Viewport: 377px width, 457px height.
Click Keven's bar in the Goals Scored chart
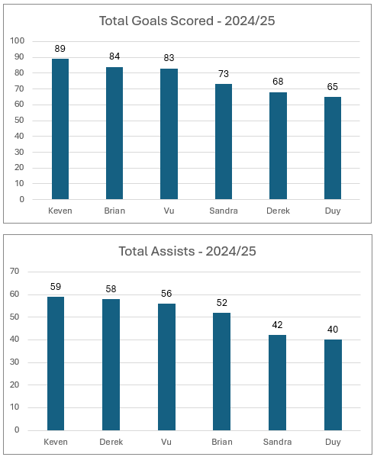(60, 129)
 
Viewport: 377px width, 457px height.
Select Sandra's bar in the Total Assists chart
(277, 382)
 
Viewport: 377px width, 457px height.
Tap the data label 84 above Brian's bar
(114, 56)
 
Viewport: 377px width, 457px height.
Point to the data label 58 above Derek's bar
(111, 289)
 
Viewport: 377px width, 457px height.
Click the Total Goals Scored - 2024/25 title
(187, 21)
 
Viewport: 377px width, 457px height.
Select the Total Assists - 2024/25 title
(187, 251)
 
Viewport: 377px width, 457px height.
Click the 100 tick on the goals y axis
(18, 40)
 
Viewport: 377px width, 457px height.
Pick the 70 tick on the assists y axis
(14, 272)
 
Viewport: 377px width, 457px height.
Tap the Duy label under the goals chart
(333, 211)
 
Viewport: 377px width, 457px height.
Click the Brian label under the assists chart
(222, 442)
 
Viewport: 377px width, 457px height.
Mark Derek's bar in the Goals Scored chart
(278, 146)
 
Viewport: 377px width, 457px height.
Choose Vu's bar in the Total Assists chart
(166, 367)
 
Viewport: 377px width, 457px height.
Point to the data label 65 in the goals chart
(333, 86)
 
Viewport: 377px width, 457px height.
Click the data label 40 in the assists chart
(333, 330)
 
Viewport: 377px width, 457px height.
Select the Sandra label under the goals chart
(224, 211)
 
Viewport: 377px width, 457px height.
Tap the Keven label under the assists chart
(56, 442)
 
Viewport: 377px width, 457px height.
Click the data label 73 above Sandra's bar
(224, 74)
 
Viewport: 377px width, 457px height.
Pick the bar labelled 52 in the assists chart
(221, 372)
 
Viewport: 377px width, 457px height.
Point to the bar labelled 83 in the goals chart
(169, 134)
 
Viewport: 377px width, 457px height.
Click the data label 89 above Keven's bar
(60, 48)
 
